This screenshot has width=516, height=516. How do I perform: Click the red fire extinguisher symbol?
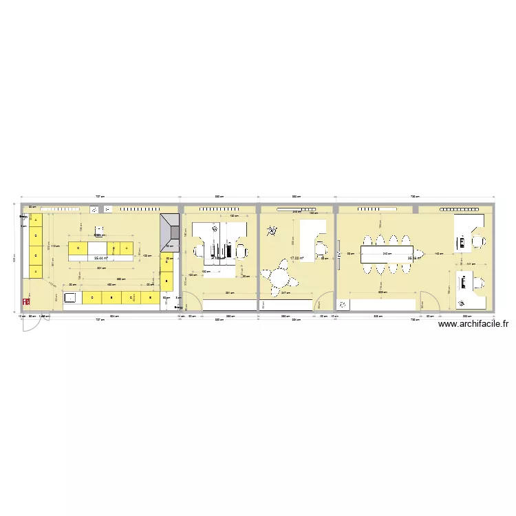point(27,301)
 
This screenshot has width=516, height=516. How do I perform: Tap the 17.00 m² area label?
point(297,258)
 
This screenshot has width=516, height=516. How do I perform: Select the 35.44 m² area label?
point(101,259)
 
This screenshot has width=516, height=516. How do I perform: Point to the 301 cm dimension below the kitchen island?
point(100,268)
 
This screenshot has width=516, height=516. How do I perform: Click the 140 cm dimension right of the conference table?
point(438,255)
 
